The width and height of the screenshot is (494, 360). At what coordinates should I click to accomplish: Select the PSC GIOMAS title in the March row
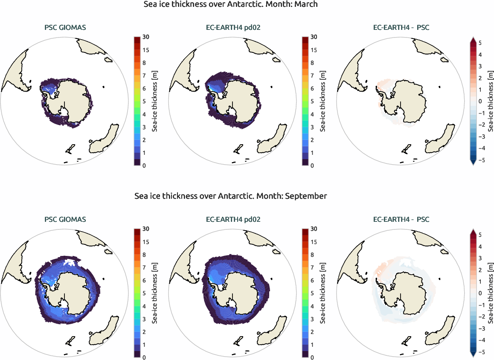click(x=65, y=28)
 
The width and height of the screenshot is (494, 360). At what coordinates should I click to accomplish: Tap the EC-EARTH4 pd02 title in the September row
click(x=233, y=219)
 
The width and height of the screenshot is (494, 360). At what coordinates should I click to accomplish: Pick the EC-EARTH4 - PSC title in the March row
click(x=401, y=28)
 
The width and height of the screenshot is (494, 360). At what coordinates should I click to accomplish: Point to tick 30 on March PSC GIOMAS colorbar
click(x=146, y=37)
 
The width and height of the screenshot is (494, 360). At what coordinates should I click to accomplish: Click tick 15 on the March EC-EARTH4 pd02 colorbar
click(x=314, y=50)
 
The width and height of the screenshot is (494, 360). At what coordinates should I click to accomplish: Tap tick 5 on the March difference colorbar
click(x=480, y=43)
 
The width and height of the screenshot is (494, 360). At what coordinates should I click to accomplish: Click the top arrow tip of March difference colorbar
click(x=473, y=38)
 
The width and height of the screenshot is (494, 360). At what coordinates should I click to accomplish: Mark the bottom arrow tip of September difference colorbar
click(x=473, y=356)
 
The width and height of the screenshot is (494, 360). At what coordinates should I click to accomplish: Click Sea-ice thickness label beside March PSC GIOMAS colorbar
click(x=155, y=101)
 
